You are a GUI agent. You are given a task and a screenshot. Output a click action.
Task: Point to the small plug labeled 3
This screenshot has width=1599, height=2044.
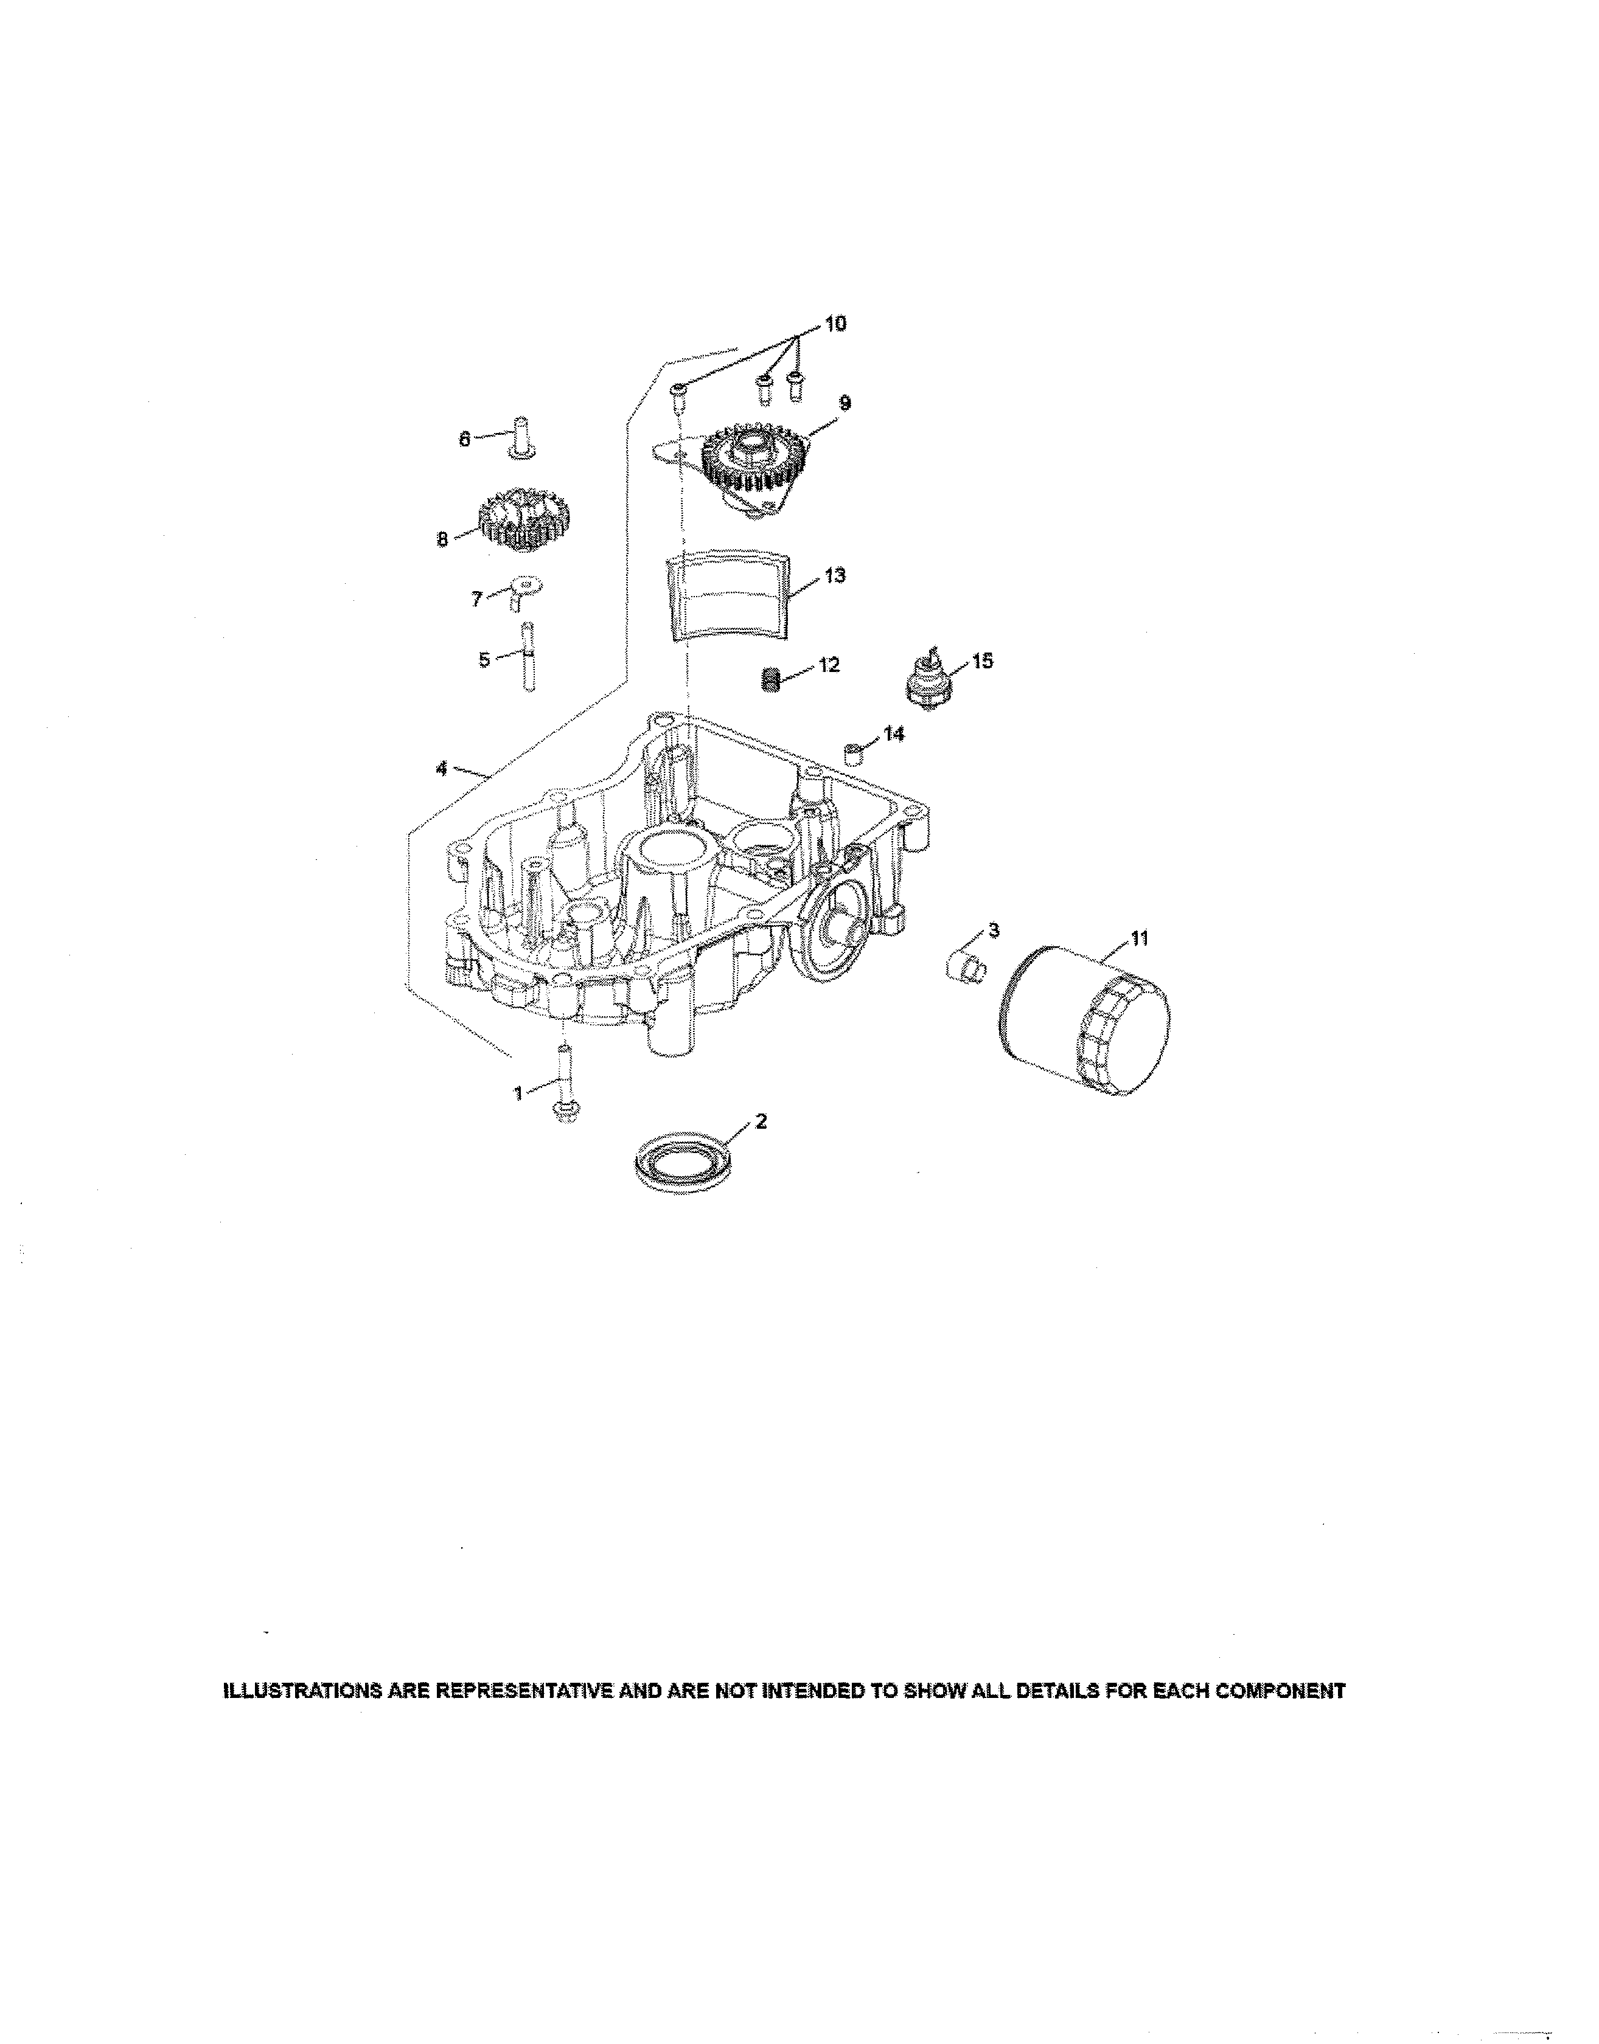965,965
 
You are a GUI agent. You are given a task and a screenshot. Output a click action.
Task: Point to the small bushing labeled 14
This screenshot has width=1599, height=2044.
853,754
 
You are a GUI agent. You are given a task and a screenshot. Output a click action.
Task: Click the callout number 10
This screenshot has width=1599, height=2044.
835,324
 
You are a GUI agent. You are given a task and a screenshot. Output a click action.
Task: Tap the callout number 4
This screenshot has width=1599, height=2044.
441,768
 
